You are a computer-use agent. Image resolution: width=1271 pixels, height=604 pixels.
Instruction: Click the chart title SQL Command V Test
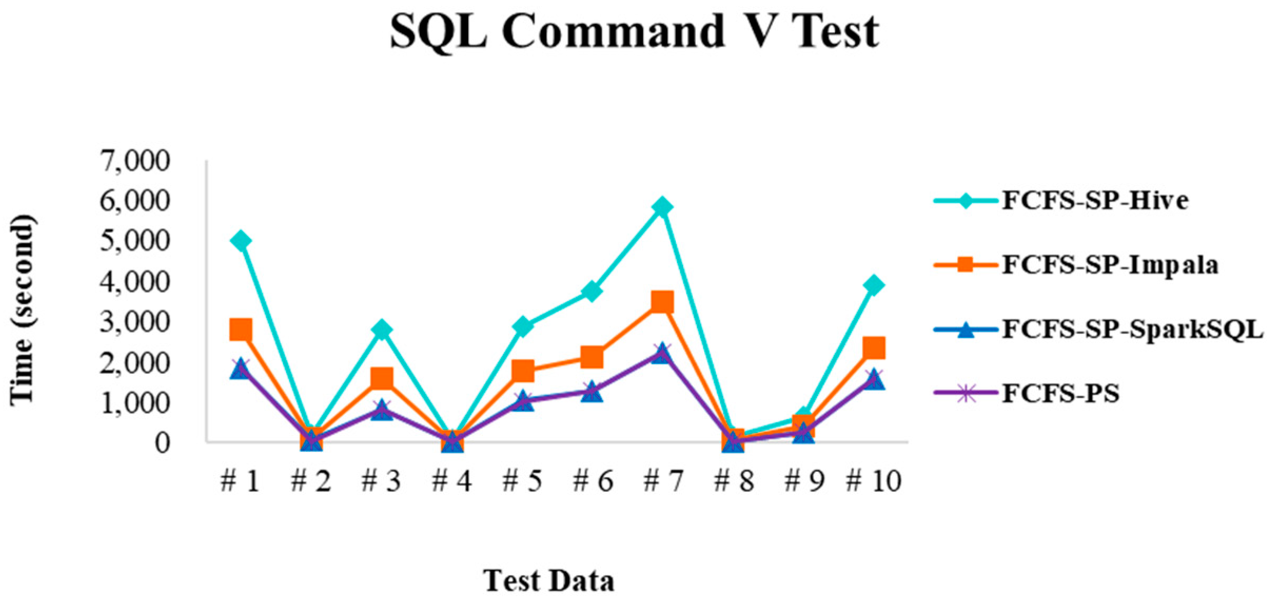[634, 32]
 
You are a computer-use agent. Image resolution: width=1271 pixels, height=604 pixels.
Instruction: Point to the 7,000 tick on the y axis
[135, 161]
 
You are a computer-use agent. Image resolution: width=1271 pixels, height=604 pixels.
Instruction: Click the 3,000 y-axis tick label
[135, 322]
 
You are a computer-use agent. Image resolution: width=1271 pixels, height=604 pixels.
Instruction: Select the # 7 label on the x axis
[663, 480]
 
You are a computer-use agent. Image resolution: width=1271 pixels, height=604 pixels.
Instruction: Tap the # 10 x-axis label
[874, 480]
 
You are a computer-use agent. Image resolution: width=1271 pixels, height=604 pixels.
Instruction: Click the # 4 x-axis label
[452, 480]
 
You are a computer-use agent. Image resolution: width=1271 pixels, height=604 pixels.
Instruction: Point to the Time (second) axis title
[22, 310]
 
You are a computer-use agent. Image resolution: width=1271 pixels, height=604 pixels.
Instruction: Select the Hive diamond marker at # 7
[663, 206]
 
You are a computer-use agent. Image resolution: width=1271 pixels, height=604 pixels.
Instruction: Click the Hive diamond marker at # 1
[241, 241]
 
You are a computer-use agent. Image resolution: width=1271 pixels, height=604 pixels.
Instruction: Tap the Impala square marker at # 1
[241, 330]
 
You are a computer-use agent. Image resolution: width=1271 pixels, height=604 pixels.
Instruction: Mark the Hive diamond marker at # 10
[874, 285]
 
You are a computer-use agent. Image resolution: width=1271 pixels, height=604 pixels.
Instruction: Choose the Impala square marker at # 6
[592, 357]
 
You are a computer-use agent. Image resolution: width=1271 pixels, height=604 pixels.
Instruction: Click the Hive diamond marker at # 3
[381, 330]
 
